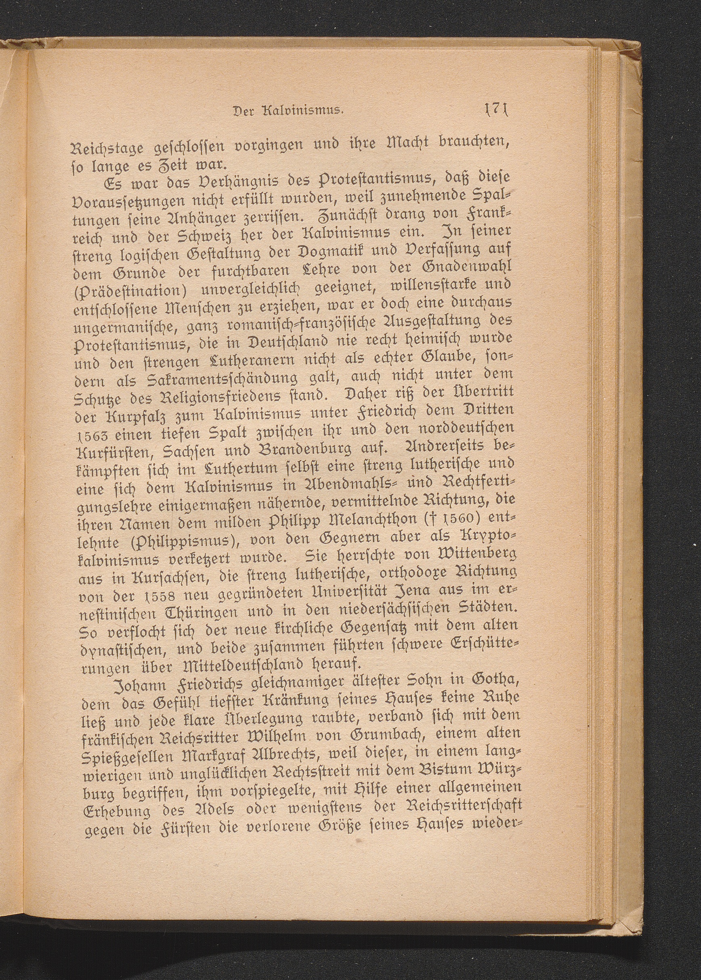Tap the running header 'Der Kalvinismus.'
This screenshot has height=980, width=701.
287,116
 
